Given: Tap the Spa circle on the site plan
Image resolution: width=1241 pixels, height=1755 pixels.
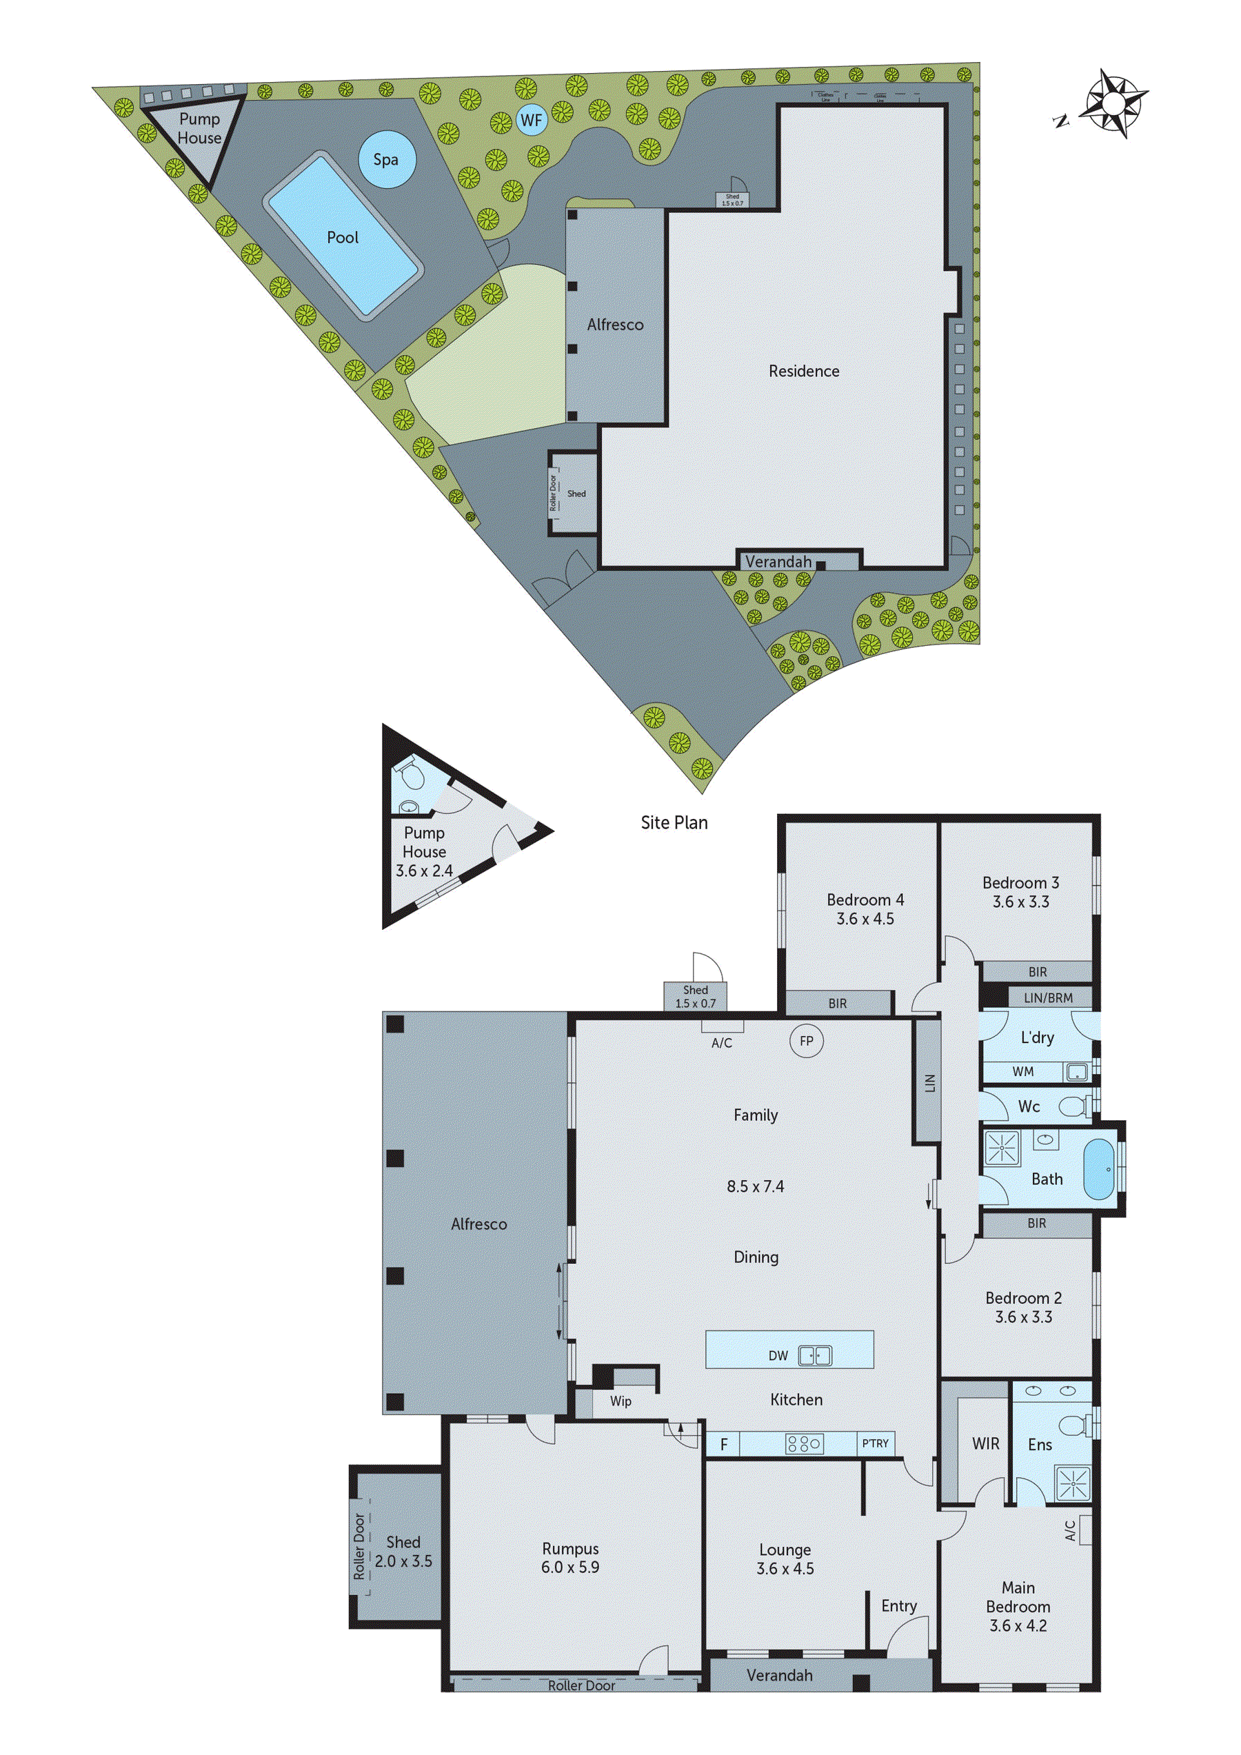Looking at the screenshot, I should (x=386, y=160).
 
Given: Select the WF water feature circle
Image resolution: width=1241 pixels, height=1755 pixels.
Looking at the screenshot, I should (x=531, y=120).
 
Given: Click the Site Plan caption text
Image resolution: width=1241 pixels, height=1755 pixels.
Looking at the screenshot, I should (x=674, y=822).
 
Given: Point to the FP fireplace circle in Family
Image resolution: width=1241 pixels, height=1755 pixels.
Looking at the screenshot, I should (x=806, y=1041).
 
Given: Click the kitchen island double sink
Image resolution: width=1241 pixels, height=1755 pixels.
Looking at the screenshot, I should (x=814, y=1356).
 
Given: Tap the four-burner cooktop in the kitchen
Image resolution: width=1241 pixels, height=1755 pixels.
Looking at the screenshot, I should (x=805, y=1444).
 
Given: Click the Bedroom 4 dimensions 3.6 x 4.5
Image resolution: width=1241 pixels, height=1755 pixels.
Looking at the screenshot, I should (x=865, y=919).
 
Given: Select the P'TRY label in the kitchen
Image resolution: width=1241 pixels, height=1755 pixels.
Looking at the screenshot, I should (x=876, y=1443).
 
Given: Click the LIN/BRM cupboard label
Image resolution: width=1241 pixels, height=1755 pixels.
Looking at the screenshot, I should (x=1047, y=997).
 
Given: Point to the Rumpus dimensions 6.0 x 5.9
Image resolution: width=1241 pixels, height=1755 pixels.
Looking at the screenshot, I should (x=569, y=1567).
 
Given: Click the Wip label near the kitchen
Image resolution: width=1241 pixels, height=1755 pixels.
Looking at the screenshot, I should (x=620, y=1401).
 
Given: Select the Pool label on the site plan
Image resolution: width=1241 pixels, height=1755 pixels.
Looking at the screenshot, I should (x=343, y=238).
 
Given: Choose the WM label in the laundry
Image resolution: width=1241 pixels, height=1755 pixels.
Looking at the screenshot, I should (x=1022, y=1072).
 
